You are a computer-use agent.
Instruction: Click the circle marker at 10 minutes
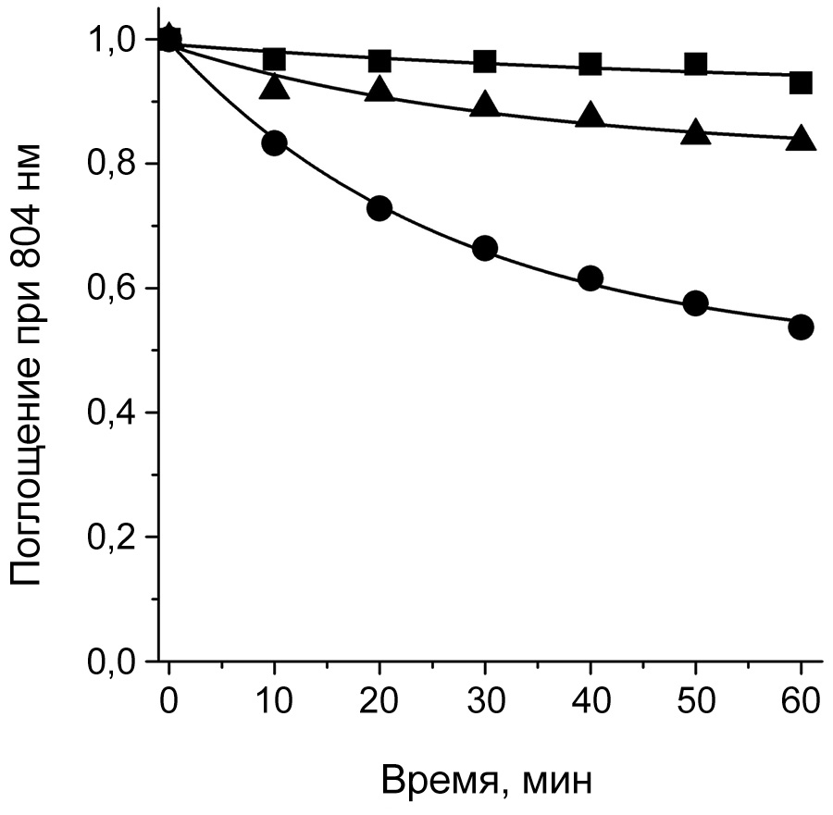274,142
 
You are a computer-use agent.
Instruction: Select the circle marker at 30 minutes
485,248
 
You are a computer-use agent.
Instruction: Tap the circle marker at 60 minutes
801,327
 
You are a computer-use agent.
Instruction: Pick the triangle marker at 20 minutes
379,90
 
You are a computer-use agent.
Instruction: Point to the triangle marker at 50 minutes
696,133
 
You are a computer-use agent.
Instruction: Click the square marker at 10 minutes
274,60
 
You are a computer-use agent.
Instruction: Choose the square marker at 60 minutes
801,82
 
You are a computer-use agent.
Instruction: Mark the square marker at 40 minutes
591,64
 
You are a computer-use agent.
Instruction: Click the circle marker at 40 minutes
591,278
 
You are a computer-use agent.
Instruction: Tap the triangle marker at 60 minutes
801,139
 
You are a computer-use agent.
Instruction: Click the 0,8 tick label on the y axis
111,165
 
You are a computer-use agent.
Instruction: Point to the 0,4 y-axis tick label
111,413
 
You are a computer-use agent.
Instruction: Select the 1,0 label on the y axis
111,41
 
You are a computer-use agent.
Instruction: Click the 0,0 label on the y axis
111,661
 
